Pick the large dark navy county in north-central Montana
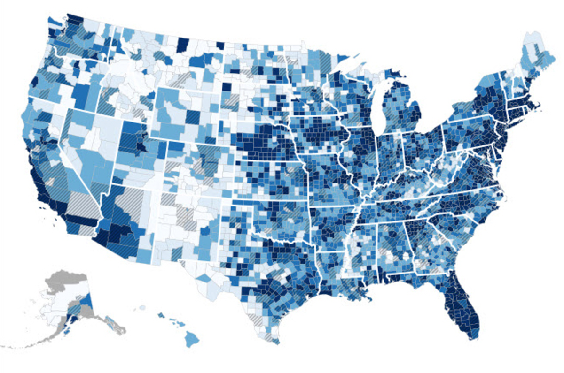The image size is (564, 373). click(x=182, y=45)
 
